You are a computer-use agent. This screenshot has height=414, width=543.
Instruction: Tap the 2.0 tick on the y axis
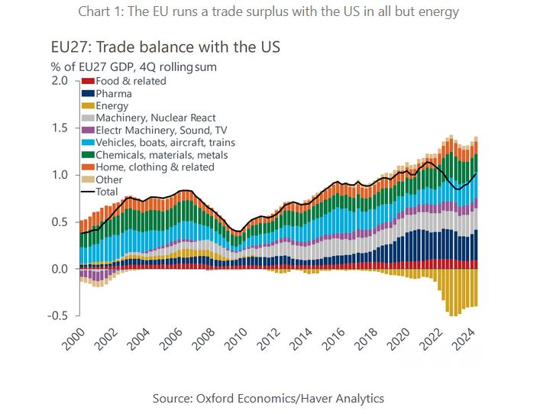point(59,80)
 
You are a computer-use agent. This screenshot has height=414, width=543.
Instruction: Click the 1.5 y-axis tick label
point(59,128)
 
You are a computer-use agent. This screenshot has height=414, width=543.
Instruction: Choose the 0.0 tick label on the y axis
point(59,269)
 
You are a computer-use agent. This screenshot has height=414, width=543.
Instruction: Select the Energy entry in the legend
point(112,106)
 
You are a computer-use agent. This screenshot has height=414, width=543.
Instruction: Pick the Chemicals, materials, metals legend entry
point(161,155)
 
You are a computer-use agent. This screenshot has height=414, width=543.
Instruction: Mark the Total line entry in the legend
point(106,192)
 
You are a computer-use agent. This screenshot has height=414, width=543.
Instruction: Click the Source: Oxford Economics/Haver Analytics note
point(268,398)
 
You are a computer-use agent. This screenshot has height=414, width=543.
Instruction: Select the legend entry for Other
point(109,180)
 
